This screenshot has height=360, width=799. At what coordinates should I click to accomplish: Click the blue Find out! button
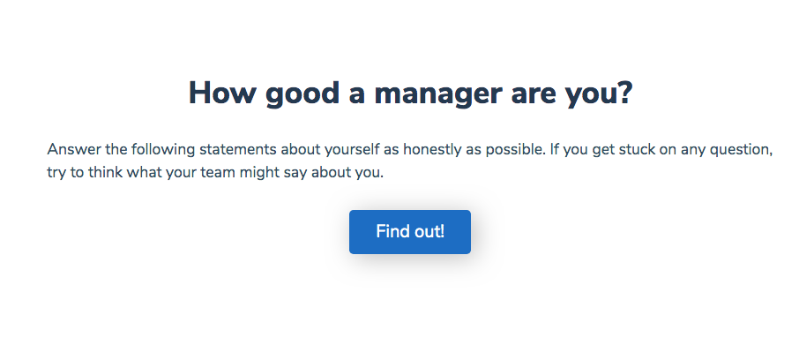tap(409, 232)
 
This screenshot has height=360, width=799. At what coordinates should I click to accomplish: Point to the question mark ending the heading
tap(624, 93)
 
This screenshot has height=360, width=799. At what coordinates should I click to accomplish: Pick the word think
tap(105, 172)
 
